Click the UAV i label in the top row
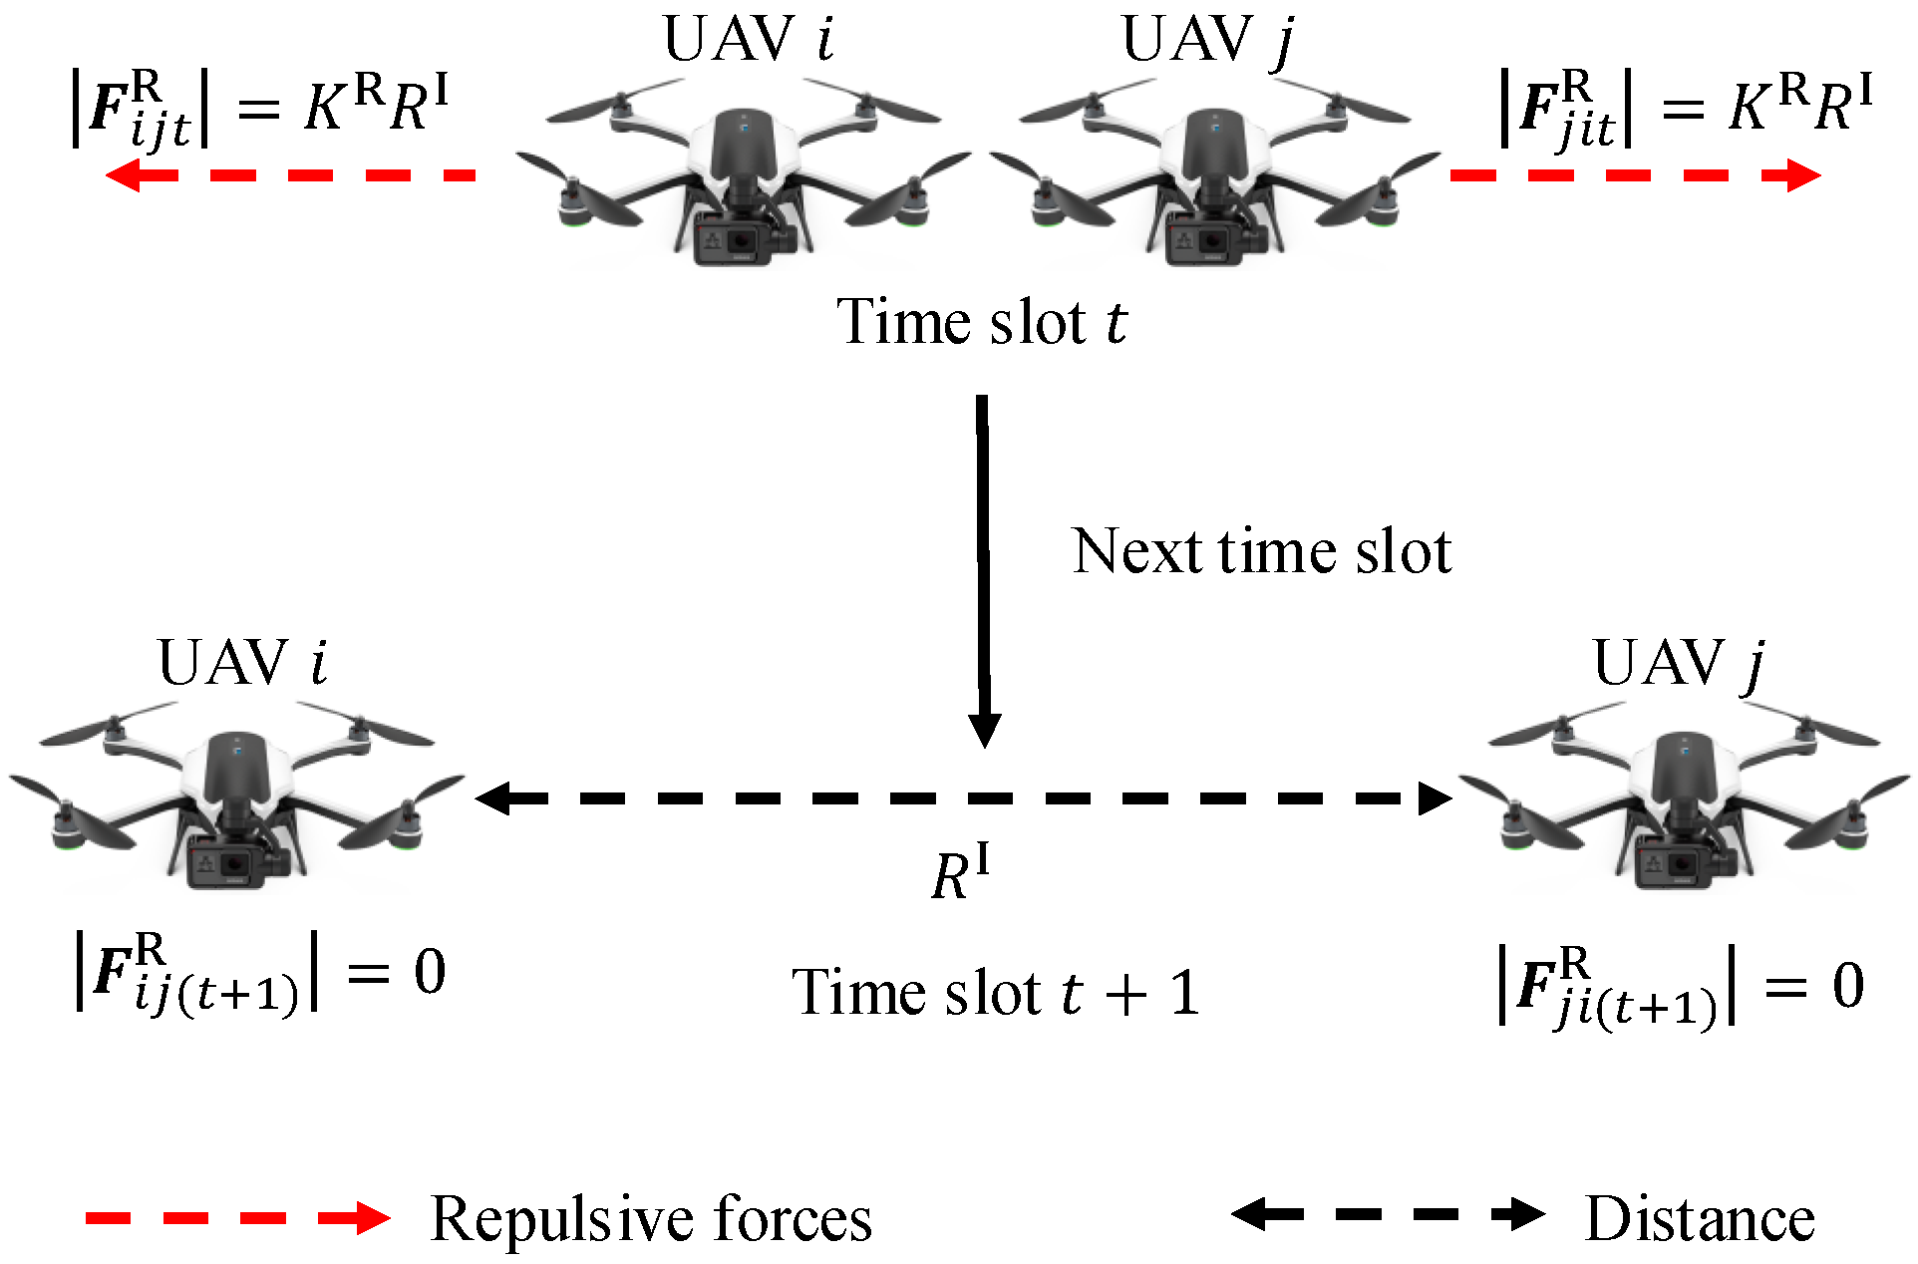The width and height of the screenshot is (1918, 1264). (x=748, y=40)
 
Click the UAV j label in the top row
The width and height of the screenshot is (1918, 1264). (x=1208, y=40)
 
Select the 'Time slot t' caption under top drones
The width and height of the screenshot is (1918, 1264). (x=982, y=322)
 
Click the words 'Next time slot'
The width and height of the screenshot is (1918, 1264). (x=1261, y=551)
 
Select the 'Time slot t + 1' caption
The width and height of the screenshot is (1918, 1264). (x=995, y=993)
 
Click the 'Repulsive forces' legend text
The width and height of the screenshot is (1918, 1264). (x=650, y=1218)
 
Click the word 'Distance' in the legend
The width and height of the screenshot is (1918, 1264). (x=1699, y=1218)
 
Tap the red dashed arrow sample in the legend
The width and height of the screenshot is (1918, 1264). (x=237, y=1217)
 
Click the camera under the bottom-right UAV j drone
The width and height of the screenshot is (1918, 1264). (x=1677, y=863)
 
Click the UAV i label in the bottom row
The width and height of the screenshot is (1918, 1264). (x=242, y=663)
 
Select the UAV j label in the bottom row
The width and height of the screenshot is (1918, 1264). (x=1679, y=663)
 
